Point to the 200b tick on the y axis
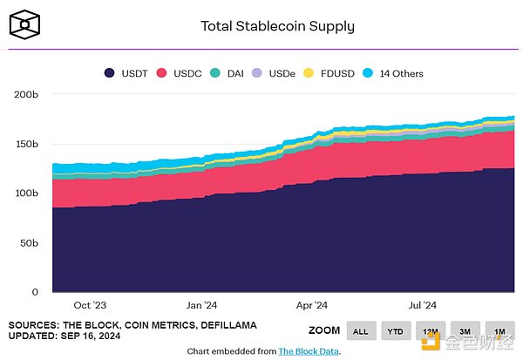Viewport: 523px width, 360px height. coord(26,94)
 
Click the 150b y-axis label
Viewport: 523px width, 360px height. coord(26,144)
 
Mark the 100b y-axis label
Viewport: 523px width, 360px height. coord(26,193)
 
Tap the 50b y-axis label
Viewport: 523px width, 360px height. coord(29,242)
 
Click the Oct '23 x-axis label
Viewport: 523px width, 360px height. coord(91,305)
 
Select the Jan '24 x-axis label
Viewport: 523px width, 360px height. coord(201,305)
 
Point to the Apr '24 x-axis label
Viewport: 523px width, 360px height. coord(311,305)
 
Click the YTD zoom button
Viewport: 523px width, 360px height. coord(395,330)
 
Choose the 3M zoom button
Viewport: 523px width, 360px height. coord(465,330)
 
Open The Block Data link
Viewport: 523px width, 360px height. coord(309,351)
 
